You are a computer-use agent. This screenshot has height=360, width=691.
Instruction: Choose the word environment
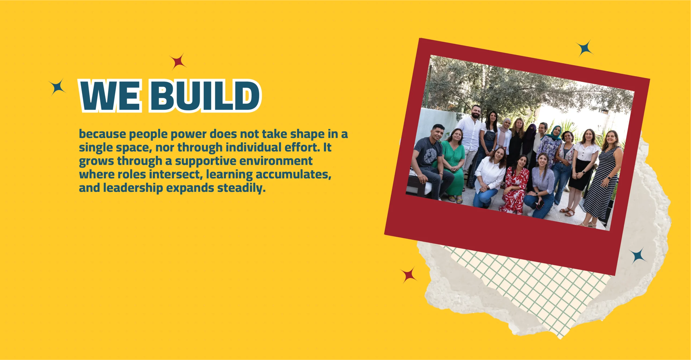click(x=276, y=161)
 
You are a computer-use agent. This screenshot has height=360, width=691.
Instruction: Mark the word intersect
click(x=176, y=174)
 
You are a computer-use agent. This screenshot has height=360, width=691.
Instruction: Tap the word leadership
click(x=133, y=188)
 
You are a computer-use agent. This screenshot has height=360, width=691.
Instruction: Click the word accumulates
click(x=293, y=174)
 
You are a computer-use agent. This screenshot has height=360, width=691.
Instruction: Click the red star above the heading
click(x=178, y=62)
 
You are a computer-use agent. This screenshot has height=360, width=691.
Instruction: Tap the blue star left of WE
click(x=57, y=87)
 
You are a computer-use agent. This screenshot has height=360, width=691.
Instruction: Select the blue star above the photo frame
click(x=585, y=48)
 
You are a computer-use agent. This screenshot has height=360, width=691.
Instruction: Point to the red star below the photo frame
click(x=409, y=275)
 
